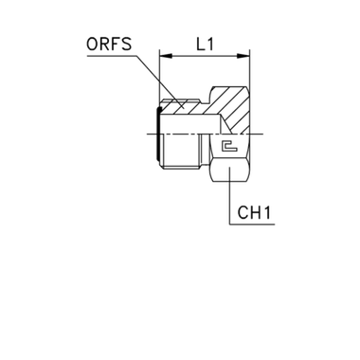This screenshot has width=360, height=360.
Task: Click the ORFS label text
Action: [x=109, y=45]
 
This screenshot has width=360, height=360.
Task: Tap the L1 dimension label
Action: [x=206, y=45]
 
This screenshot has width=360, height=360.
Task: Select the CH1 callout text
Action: [x=254, y=213]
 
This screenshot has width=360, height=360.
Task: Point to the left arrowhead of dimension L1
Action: [x=166, y=56]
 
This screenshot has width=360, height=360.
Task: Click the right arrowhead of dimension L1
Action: [x=243, y=56]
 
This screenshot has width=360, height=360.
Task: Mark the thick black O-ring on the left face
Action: [x=157, y=134]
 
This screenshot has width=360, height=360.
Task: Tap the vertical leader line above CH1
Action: [x=229, y=196]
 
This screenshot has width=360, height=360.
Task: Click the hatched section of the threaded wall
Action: [x=182, y=107]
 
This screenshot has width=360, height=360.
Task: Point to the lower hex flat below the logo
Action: [x=230, y=171]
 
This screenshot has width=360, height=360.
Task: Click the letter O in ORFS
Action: [x=92, y=45]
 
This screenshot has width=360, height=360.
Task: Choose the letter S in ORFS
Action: [x=127, y=45]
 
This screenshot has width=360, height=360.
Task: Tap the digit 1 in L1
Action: [x=210, y=45]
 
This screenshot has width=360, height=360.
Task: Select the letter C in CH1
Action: [x=243, y=213]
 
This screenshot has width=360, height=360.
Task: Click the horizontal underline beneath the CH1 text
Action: [x=252, y=225]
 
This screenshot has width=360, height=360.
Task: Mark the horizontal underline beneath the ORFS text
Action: [x=112, y=56]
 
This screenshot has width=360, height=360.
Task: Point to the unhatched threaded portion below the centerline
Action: [x=180, y=151]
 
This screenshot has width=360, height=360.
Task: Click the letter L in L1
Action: [x=201, y=45]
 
